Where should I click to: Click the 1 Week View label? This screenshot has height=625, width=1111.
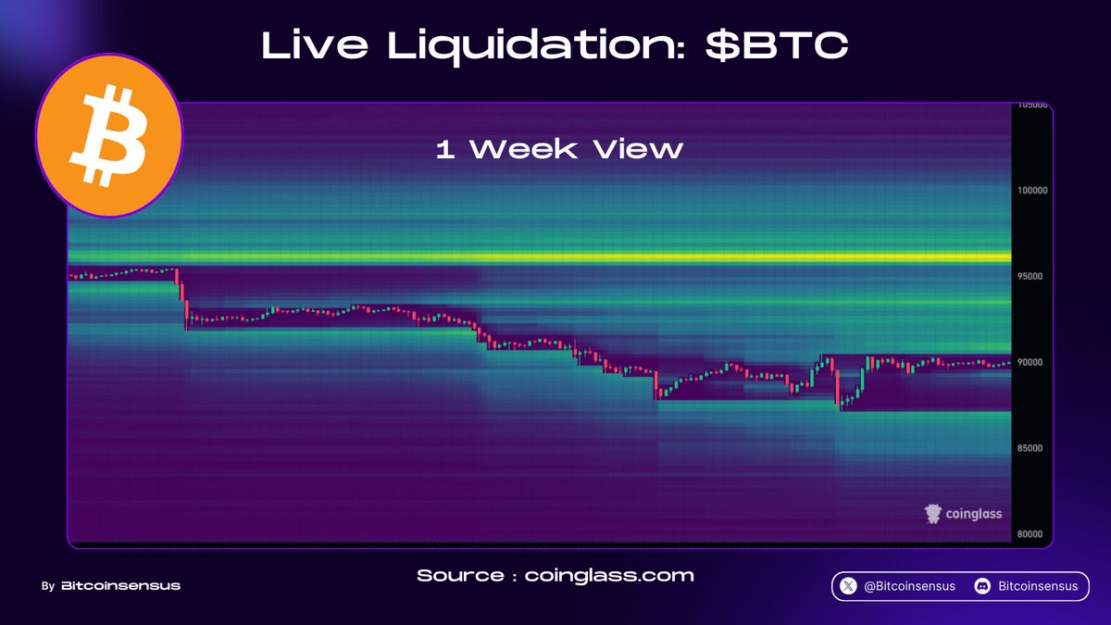(559, 149)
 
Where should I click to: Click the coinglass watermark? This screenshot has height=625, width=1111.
(963, 513)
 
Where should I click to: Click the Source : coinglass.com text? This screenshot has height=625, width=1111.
(555, 576)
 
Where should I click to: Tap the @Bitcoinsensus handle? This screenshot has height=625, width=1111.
(910, 586)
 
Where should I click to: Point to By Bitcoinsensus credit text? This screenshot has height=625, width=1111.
(111, 586)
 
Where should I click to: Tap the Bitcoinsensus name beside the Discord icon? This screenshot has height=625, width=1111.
(1038, 586)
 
